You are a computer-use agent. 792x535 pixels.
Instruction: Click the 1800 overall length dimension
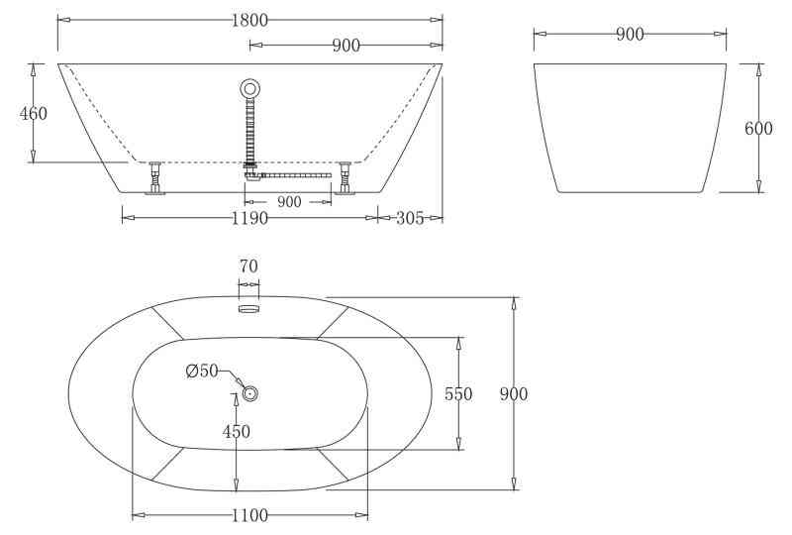(x=249, y=20)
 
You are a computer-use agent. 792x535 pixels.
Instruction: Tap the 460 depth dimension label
(x=34, y=113)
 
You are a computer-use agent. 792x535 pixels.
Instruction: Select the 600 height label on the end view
(x=758, y=129)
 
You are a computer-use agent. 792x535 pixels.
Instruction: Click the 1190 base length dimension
(x=249, y=218)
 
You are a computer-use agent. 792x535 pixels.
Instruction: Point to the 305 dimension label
(x=410, y=218)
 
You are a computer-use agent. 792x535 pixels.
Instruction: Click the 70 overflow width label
(x=248, y=266)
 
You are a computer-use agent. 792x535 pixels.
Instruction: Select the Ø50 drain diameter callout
(x=202, y=372)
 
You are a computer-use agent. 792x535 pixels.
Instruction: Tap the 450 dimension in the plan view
(x=237, y=431)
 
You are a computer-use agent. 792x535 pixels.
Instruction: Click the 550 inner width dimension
(x=458, y=394)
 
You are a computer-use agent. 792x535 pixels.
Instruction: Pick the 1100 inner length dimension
(x=249, y=516)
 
